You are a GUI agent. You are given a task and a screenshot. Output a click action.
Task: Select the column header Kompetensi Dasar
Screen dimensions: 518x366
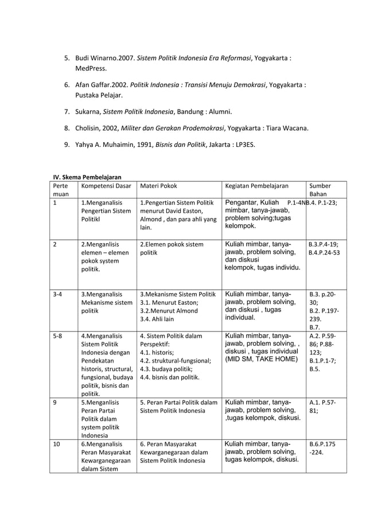click(106, 186)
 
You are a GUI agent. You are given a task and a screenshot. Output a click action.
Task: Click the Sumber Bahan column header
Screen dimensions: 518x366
click(320, 192)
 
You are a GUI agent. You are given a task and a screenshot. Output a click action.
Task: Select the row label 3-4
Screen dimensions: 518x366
click(58, 293)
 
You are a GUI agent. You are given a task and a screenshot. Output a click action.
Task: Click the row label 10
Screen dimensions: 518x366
click(56, 443)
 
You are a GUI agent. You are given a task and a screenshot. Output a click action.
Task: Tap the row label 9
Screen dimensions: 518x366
click(54, 402)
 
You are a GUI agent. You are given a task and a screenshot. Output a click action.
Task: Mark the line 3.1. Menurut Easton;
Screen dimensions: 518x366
click(166, 302)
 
